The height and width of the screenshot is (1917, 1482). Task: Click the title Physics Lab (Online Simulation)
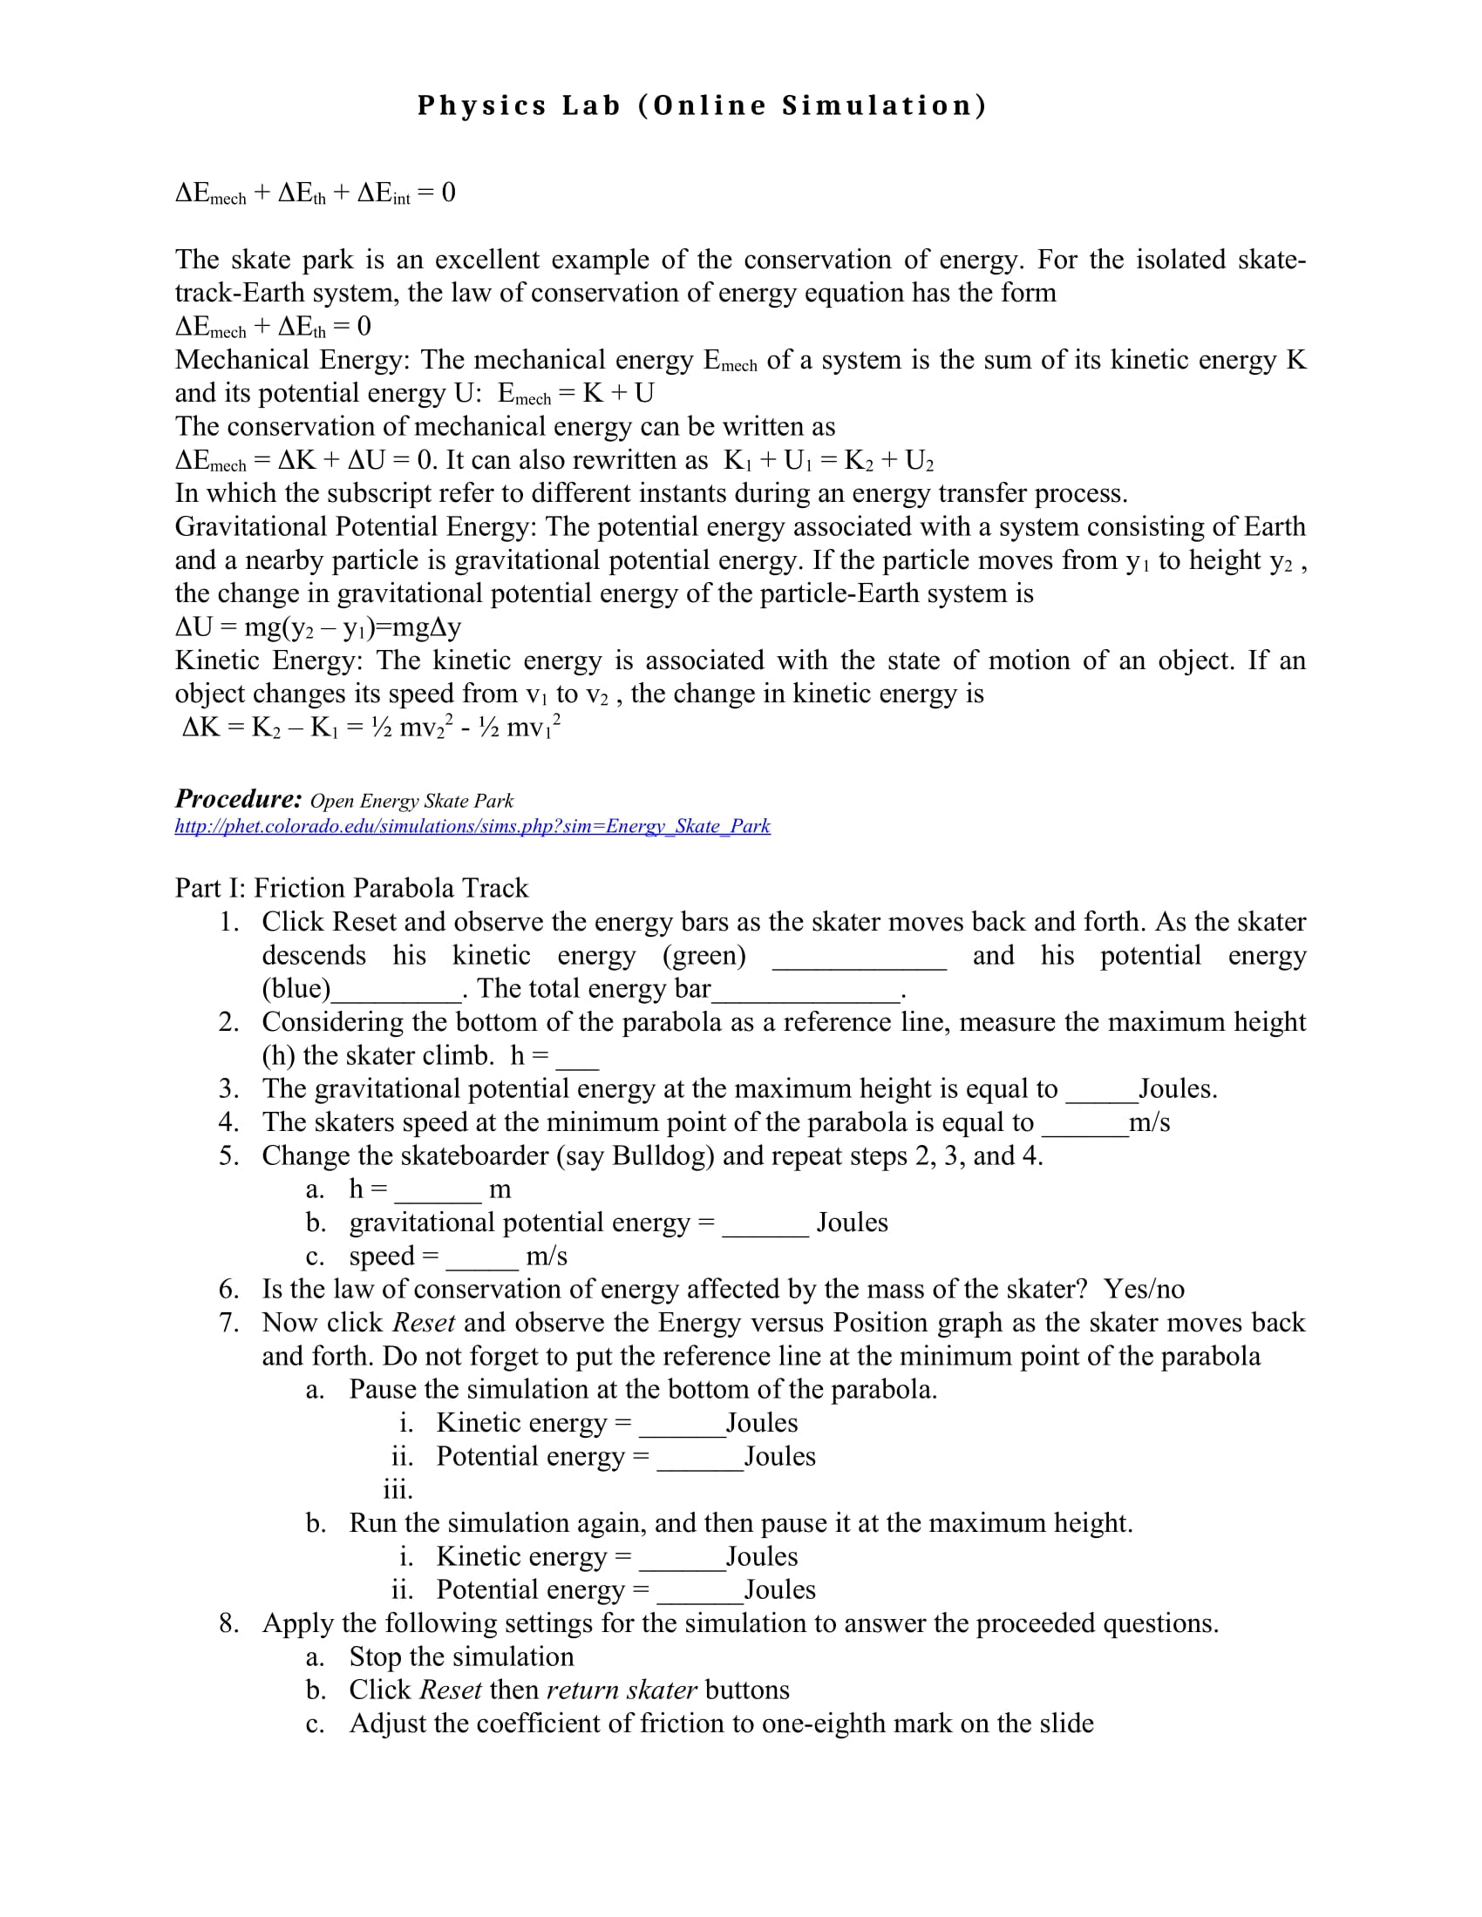pyautogui.click(x=702, y=105)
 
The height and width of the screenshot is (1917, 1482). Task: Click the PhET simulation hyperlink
pyautogui.click(x=472, y=826)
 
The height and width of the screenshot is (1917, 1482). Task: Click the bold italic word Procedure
pyautogui.click(x=238, y=798)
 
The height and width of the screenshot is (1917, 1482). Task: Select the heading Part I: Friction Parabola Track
pyautogui.click(x=351, y=887)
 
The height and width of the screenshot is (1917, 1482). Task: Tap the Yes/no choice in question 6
pyautogui.click(x=1144, y=1289)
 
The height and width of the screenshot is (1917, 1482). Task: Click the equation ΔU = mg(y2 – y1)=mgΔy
pyautogui.click(x=318, y=627)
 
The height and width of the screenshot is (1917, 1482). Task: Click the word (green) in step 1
pyautogui.click(x=704, y=955)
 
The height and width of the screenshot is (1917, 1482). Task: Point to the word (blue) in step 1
pyautogui.click(x=296, y=988)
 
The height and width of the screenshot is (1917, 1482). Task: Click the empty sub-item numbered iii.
pyautogui.click(x=398, y=1489)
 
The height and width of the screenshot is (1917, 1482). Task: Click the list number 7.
pyautogui.click(x=228, y=1322)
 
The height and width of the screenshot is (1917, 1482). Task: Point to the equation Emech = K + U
pyautogui.click(x=576, y=393)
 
